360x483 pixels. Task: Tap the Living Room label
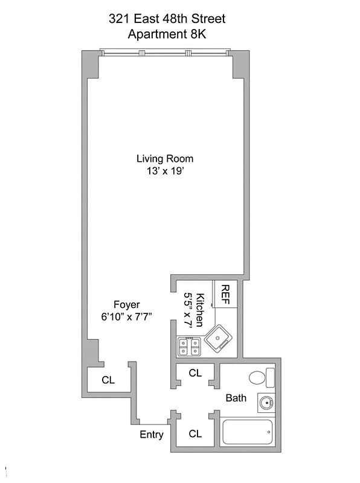click(x=165, y=159)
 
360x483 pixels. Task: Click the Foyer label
click(x=127, y=304)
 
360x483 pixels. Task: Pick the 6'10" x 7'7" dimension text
click(x=127, y=316)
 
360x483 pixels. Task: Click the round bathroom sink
click(x=264, y=401)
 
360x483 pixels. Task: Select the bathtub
click(x=248, y=433)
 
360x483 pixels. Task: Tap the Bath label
click(x=236, y=398)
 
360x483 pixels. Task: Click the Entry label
click(x=152, y=434)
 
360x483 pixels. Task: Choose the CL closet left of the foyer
click(x=108, y=380)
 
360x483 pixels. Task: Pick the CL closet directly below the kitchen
click(x=194, y=373)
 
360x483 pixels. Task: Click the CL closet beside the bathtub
click(x=194, y=433)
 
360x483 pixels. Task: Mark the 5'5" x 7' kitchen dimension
click(x=188, y=309)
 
